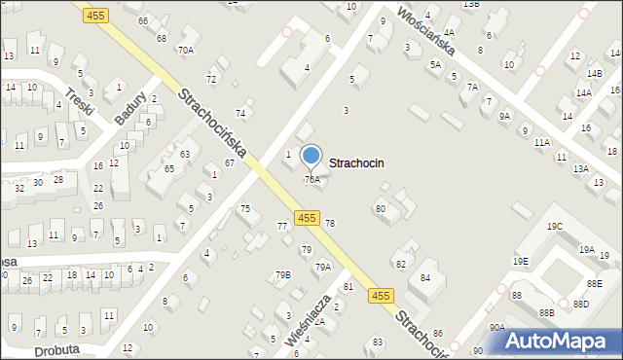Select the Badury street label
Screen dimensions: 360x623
pos(130,108)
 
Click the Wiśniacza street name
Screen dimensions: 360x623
pos(312,320)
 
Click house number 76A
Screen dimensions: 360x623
pos(311,180)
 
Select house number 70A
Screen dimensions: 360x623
pos(185,50)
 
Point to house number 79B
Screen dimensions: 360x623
pos(282,274)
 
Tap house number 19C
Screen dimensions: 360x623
pos(554,227)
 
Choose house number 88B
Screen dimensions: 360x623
pos(546,312)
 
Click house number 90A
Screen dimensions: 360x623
pos(496,328)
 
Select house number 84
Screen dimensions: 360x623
pos(425,278)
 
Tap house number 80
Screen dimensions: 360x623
pos(381,208)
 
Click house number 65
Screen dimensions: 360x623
pos(168,169)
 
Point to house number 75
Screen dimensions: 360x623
pos(245,208)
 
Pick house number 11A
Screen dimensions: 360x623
pos(541,142)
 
